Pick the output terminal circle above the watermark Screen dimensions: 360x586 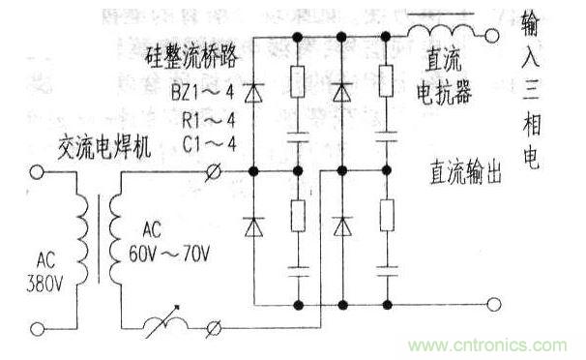coord(494,306)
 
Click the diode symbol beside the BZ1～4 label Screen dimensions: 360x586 coord(253,93)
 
